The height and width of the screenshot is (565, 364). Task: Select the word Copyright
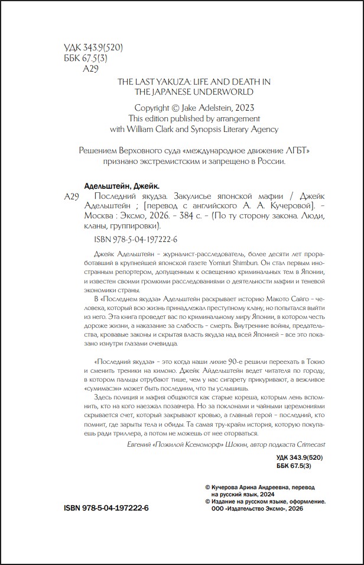pos(156,108)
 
